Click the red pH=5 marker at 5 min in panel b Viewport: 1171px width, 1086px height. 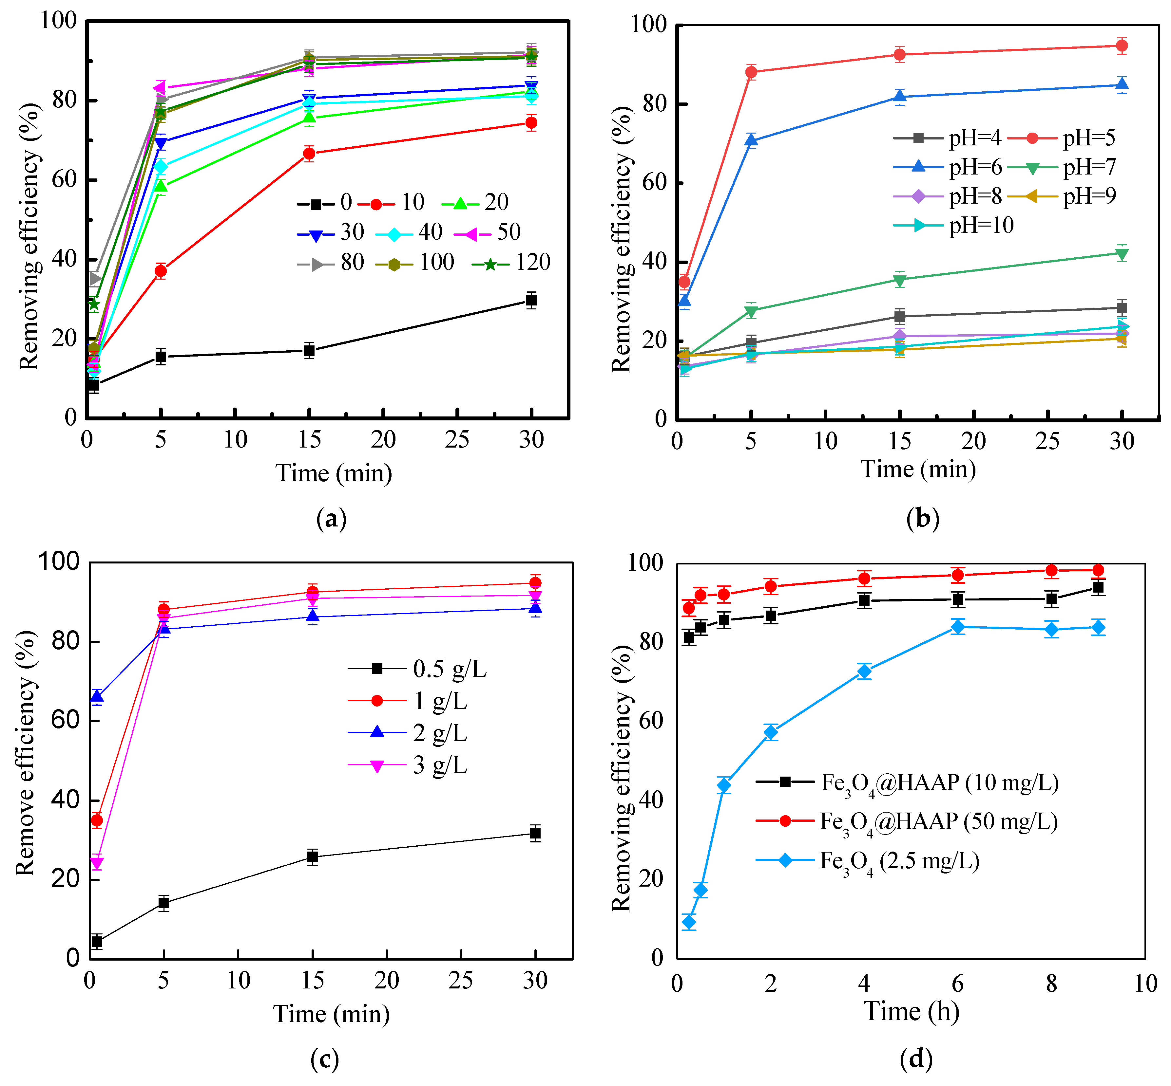751,72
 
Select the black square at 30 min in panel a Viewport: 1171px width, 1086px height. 531,300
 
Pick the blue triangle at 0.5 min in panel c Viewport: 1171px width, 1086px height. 97,697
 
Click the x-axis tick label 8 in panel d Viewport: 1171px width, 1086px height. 1052,984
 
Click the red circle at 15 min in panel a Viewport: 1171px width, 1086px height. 309,154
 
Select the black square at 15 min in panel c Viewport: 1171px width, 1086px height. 312,857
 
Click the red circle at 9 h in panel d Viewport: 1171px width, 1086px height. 1098,570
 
